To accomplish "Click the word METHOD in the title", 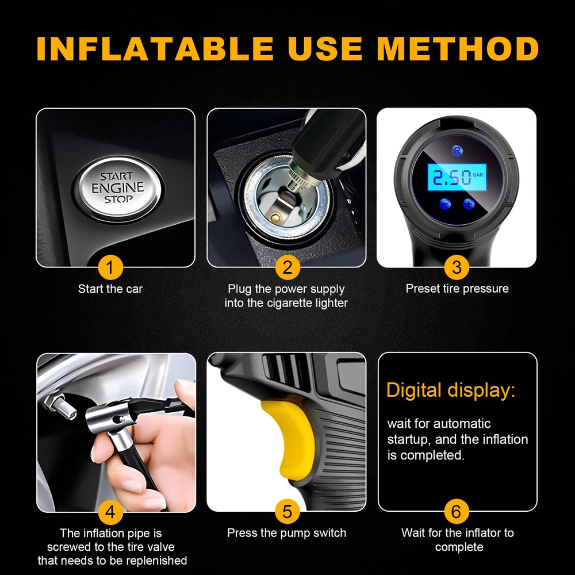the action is click(458, 48).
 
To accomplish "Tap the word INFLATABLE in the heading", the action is click(155, 48).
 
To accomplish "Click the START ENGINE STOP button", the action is click(118, 189).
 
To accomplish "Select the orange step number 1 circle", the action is click(110, 267).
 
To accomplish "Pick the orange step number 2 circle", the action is click(287, 267).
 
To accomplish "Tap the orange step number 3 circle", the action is click(457, 267).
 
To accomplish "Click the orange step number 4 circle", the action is click(110, 512).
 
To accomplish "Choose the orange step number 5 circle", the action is click(287, 512).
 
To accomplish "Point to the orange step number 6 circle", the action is click(457, 512).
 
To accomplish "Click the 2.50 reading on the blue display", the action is click(452, 178).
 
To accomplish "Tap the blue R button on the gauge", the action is click(457, 150).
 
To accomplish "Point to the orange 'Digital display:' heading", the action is click(451, 390).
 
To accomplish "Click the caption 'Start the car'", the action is click(110, 289).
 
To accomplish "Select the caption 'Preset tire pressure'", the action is click(457, 289).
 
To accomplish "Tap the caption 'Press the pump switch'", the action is click(286, 533).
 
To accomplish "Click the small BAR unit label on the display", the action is click(478, 175).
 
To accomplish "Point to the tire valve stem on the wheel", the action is click(59, 407).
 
